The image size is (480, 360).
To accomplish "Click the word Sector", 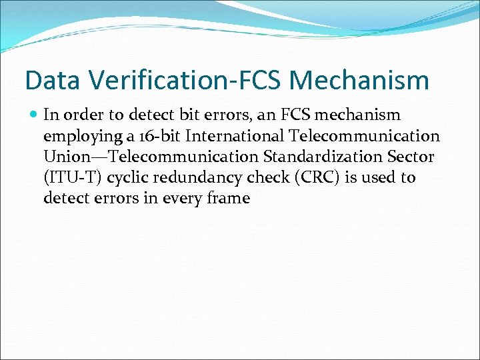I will click(x=412, y=157).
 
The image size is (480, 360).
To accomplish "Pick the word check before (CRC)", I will click(x=269, y=177).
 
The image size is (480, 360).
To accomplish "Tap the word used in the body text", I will click(x=377, y=177).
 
